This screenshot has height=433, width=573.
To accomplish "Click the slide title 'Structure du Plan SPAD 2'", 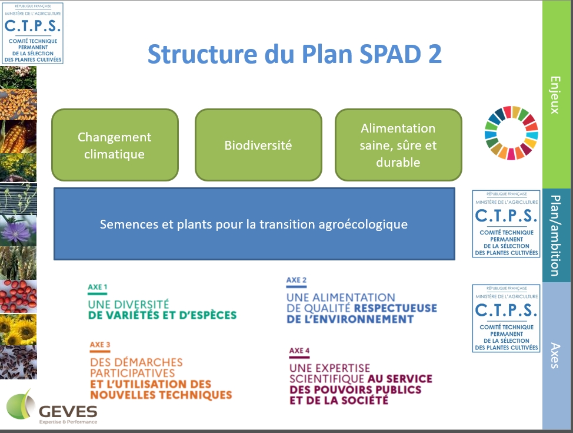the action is [x=295, y=54].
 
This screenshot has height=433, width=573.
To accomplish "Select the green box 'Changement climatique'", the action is [x=115, y=145].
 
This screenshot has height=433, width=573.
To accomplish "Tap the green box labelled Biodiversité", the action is [x=258, y=145].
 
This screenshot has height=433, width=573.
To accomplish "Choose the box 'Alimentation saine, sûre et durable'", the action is [x=398, y=145].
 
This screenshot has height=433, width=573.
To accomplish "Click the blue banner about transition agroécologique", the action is [x=254, y=224].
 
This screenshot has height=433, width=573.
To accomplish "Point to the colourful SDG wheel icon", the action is [x=511, y=133].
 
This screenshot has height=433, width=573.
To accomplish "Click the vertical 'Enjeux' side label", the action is [x=555, y=95].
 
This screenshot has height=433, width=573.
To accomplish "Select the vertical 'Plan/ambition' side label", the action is [x=555, y=235].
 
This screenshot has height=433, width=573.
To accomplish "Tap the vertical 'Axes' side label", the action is [x=555, y=355].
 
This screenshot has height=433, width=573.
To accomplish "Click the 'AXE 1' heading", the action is [x=98, y=287].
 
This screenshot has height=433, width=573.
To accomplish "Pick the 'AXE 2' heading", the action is [x=297, y=280].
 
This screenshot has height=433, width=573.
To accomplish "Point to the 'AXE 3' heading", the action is [x=100, y=345].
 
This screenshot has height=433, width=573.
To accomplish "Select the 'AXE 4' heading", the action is [x=299, y=351].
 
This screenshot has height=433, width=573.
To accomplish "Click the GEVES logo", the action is [x=52, y=407].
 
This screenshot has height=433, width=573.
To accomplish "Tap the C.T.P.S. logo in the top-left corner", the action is [x=33, y=34].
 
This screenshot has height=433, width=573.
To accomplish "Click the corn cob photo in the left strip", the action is [x=18, y=137].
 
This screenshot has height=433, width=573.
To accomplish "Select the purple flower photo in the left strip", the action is [x=18, y=230].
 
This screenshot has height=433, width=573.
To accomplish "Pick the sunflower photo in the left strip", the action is [x=18, y=329].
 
